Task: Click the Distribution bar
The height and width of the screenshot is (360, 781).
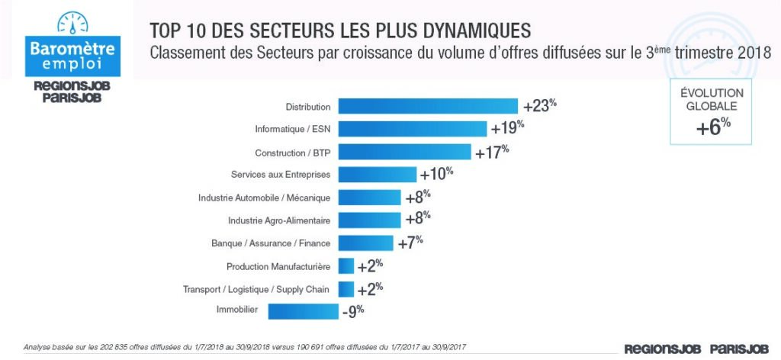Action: tap(428, 106)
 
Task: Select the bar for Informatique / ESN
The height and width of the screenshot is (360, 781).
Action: tap(412, 129)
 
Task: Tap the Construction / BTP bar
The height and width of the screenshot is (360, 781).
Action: tap(404, 151)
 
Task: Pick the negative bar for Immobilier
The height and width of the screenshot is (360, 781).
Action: tap(303, 310)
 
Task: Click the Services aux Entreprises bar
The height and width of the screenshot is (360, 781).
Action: tap(377, 174)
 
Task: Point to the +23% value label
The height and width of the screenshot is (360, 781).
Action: tap(540, 106)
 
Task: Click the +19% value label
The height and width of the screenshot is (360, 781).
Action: tap(509, 129)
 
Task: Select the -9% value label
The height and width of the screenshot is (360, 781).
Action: tap(352, 310)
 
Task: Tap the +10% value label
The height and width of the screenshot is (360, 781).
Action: tap(438, 174)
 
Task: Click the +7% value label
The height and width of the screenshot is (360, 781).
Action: tap(410, 243)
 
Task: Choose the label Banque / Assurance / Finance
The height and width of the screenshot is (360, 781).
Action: tap(271, 243)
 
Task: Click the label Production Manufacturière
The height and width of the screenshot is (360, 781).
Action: tap(278, 266)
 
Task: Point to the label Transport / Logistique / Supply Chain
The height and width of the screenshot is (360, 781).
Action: tap(256, 289)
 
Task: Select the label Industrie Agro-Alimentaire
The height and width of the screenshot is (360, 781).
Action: tap(279, 220)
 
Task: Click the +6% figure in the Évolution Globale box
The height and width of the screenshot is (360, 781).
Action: tap(714, 127)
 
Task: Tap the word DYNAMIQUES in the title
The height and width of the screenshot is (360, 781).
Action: tap(476, 31)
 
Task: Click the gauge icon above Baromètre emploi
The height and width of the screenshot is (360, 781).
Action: tap(72, 23)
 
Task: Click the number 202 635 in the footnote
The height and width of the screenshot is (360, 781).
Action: tap(111, 347)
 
